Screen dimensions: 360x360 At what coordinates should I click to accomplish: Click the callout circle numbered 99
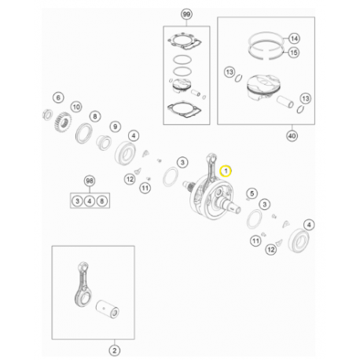click(186, 15)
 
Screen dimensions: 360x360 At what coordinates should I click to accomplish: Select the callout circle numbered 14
click(294, 39)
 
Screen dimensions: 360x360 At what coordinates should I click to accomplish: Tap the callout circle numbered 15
click(294, 53)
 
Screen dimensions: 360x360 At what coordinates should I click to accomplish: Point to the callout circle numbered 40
click(292, 135)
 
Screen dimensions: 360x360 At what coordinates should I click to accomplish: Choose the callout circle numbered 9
click(115, 127)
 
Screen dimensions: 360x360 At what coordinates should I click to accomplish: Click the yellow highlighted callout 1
click(226, 170)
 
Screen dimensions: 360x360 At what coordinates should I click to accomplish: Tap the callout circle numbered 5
click(252, 193)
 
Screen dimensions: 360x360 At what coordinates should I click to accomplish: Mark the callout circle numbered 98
click(89, 182)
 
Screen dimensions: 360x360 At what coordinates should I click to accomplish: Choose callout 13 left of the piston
click(230, 73)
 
